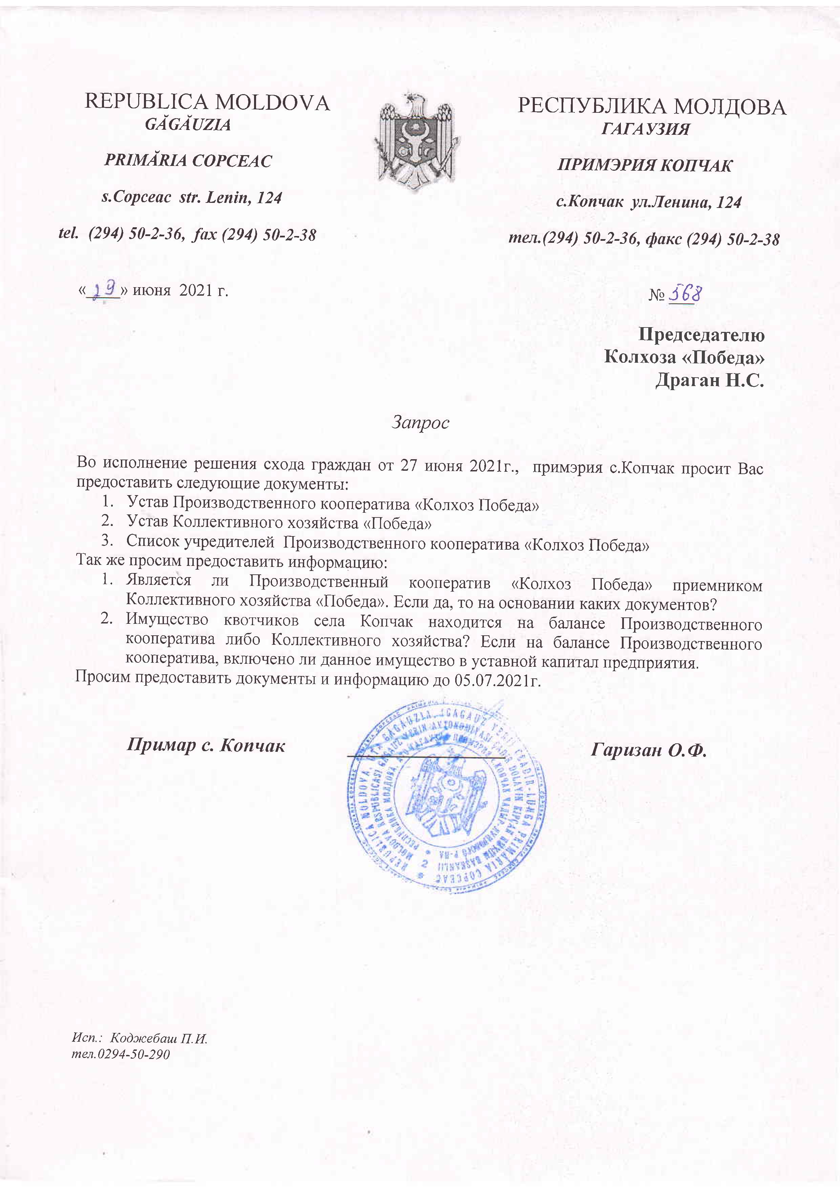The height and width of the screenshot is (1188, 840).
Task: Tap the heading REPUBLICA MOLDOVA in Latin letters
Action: point(207,103)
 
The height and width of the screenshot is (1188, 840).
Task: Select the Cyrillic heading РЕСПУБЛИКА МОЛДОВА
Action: point(652,107)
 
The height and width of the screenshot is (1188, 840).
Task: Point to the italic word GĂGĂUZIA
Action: point(188,125)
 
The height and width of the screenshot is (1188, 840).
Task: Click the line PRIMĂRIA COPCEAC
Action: point(188,161)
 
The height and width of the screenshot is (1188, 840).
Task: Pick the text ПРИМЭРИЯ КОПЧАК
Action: point(644,166)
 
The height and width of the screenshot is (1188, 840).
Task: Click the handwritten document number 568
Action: point(685,293)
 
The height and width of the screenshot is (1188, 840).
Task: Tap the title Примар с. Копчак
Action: point(206,745)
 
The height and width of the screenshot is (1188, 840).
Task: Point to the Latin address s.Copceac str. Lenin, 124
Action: point(191,198)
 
